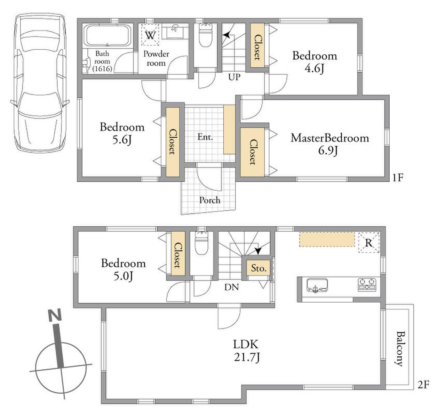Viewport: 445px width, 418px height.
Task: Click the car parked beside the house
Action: coord(40,84)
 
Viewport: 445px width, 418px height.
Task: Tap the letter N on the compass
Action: coord(55,315)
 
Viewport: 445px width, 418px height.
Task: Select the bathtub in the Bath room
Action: coord(107,36)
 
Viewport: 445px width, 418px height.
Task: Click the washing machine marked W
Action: coord(150,35)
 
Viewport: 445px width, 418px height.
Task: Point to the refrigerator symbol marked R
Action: coord(369,243)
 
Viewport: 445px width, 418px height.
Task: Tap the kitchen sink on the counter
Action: coord(317,286)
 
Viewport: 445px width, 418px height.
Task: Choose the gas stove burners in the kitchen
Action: coord(367,285)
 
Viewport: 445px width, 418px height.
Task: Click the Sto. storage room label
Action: coord(259,268)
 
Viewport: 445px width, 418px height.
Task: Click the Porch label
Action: coord(210,200)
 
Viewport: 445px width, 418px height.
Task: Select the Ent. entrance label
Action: coord(205,137)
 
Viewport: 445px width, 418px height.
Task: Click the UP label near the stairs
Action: coord(235,77)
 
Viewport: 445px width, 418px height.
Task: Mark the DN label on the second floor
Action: coord(232,287)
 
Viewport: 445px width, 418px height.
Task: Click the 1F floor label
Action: coord(398,178)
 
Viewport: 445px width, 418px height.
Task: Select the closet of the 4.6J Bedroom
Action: coord(257,46)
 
